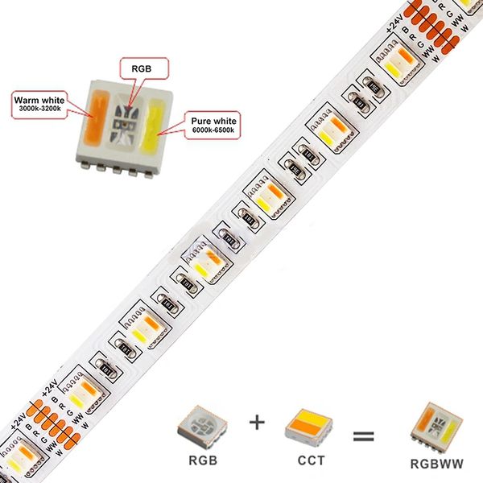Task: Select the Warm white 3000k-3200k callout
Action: (x=36, y=104)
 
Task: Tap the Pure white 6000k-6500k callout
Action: (x=212, y=124)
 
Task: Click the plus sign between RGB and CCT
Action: (x=256, y=420)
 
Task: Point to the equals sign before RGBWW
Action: (x=364, y=436)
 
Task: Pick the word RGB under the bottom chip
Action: (x=202, y=462)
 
